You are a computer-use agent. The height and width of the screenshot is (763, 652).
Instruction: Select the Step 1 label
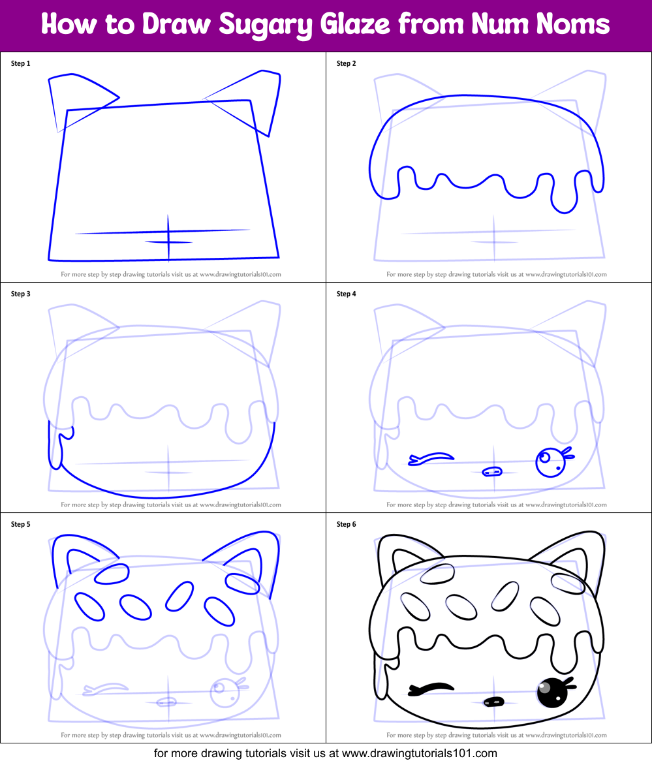point(21,64)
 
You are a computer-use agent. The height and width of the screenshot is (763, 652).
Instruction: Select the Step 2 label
point(347,64)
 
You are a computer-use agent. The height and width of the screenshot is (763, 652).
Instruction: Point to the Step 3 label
point(21,294)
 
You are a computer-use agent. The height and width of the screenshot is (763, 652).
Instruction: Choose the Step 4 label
point(347,294)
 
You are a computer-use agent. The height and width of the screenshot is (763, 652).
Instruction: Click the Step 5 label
point(21,524)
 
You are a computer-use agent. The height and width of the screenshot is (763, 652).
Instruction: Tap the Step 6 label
point(347,524)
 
